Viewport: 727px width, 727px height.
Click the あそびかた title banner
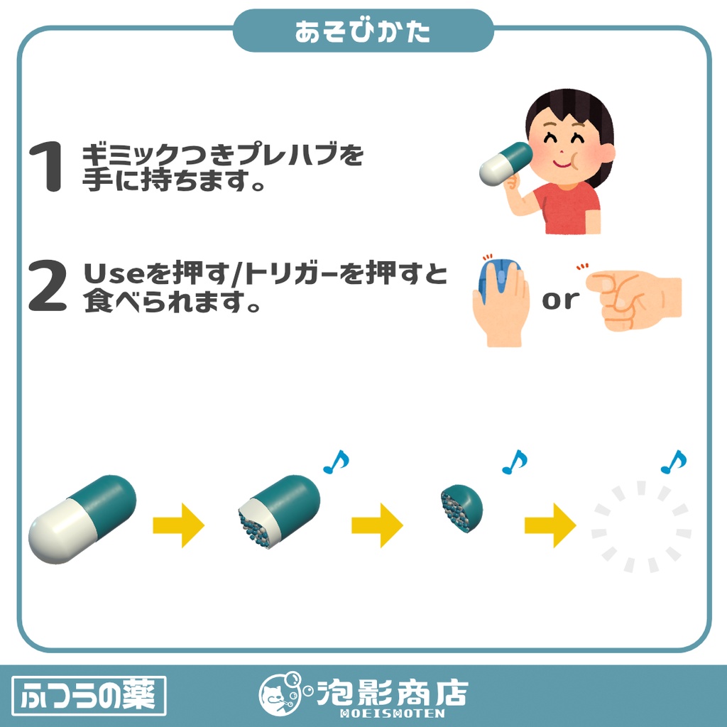363,32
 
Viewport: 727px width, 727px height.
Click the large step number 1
45,168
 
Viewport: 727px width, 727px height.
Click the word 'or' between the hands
560,300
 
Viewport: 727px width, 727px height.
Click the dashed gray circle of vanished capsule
641,526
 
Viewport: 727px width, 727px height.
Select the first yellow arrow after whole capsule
178,526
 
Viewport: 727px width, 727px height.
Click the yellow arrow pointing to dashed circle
550,526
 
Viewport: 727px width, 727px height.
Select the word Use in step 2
109,274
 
